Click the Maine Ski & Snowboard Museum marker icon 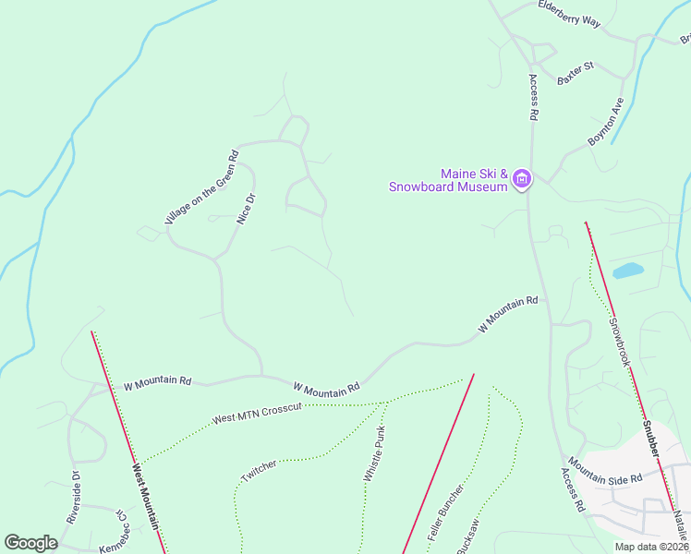(x=522, y=178)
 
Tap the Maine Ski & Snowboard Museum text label (x=475, y=180)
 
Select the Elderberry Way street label (x=569, y=14)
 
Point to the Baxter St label (x=576, y=74)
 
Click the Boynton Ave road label (x=606, y=121)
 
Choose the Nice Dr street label (x=246, y=208)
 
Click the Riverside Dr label (x=74, y=499)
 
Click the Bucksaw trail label (x=468, y=537)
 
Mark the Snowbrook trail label (x=618, y=342)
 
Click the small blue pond (x=627, y=271)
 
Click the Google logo (x=30, y=542)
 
